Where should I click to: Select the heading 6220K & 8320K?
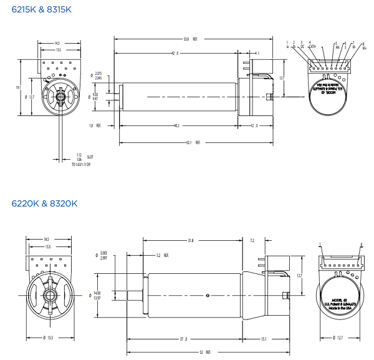(x=44, y=203)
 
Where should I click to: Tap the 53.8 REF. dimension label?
(x=189, y=39)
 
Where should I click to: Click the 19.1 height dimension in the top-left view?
(x=19, y=87)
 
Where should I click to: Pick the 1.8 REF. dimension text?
(x=95, y=125)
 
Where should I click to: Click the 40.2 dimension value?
(x=176, y=125)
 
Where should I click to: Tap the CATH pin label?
(x=312, y=46)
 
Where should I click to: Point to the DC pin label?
(x=302, y=46)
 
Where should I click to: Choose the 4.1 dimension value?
(x=257, y=54)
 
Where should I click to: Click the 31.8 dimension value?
(x=190, y=240)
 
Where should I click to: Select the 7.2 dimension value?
(x=252, y=240)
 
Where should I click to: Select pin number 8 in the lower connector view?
(x=361, y=245)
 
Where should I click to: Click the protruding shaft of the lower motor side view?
(x=137, y=294)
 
